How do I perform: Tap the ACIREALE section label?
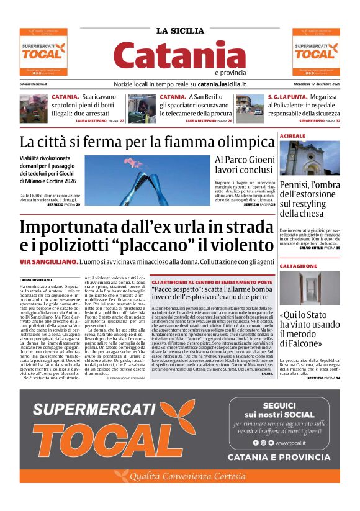pos(292,135)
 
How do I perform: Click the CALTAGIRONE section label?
pos(298,265)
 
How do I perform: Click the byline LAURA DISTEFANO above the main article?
pos(38,280)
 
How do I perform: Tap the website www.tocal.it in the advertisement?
pos(294,443)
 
